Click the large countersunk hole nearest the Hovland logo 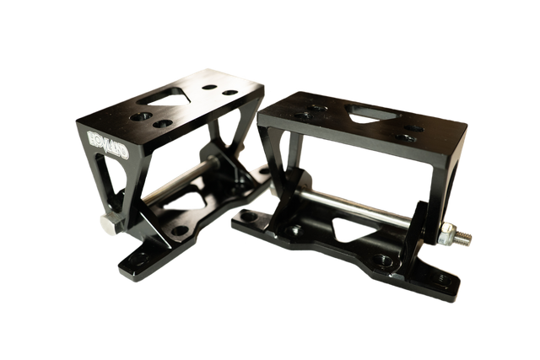point(142,116)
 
